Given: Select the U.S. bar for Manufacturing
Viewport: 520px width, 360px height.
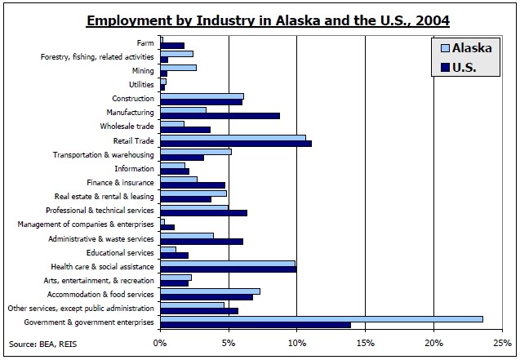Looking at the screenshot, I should [220, 116].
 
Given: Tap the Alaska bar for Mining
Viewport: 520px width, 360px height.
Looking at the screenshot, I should [178, 67].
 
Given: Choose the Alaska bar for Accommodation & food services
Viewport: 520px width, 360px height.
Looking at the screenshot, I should [210, 291].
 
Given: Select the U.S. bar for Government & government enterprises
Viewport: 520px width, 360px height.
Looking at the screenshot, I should [255, 325].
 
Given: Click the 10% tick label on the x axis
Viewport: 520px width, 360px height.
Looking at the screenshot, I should [296, 343].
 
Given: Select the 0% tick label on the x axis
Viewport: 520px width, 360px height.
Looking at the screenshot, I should [160, 343].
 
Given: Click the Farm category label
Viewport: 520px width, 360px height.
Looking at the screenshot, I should [146, 42].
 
